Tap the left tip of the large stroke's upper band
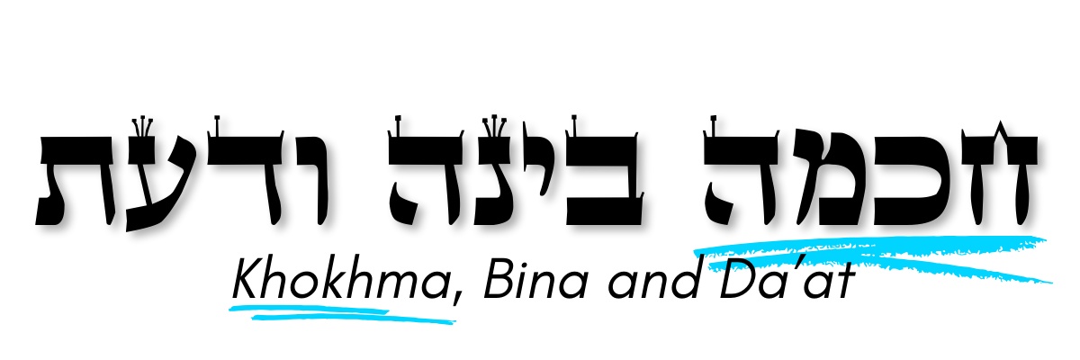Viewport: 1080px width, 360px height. coord(696,252)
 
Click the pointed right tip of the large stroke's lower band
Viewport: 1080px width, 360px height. coord(1051,283)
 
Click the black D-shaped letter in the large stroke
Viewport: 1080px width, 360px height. coord(743,266)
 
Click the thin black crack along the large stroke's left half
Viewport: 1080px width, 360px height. coord(765,257)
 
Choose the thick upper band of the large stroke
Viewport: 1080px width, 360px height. coord(900,244)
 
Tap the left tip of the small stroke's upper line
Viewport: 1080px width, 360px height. coord(230,309)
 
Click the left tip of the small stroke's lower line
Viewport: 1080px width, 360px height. coord(253,317)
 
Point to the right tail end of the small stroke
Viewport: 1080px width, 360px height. coord(454,322)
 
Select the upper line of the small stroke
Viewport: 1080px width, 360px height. coord(306,308)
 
